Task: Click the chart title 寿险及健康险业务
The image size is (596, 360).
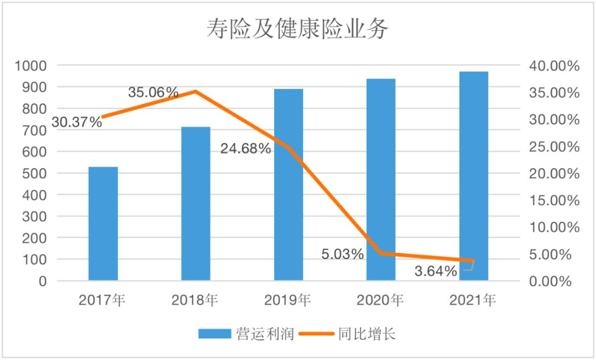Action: pyautogui.click(x=297, y=29)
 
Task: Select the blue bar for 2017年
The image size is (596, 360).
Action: pyautogui.click(x=103, y=224)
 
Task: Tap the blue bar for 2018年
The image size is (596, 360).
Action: pyautogui.click(x=196, y=204)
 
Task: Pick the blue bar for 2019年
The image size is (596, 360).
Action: pyautogui.click(x=289, y=185)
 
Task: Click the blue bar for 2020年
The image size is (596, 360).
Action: pyautogui.click(x=381, y=179)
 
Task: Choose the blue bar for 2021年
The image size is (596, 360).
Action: pyautogui.click(x=474, y=177)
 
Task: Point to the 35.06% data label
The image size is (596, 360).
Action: pyautogui.click(x=153, y=92)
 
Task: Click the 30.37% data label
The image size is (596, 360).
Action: pyautogui.click(x=77, y=122)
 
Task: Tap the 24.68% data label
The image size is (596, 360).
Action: pyautogui.click(x=246, y=149)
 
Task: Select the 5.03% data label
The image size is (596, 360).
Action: pyautogui.click(x=343, y=255)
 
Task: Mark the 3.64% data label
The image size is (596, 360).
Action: pyautogui.click(x=435, y=272)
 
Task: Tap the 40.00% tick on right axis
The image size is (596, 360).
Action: pyautogui.click(x=553, y=66)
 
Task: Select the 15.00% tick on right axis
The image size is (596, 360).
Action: pyautogui.click(x=553, y=200)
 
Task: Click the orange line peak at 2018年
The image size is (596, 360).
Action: pyautogui.click(x=196, y=91)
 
